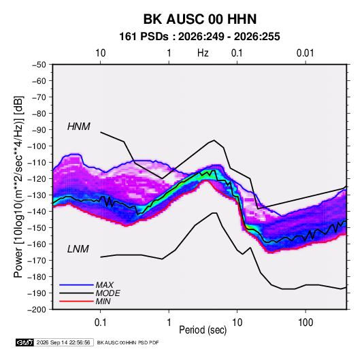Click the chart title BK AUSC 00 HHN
200,19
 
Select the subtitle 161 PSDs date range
199,37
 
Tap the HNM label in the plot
79,127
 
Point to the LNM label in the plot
78,249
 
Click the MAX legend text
105,285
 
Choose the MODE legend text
107,293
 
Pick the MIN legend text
103,301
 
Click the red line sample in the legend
76,301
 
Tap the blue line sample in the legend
76,285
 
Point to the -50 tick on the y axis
39,65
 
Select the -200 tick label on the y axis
37,310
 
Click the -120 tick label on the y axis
37,179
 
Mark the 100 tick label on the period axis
305,323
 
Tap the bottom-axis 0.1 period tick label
100,323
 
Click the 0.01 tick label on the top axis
305,53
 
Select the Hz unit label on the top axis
203,53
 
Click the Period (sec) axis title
203,330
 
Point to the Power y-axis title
19,186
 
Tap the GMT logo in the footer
24,342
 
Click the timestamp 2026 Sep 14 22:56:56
63,342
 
